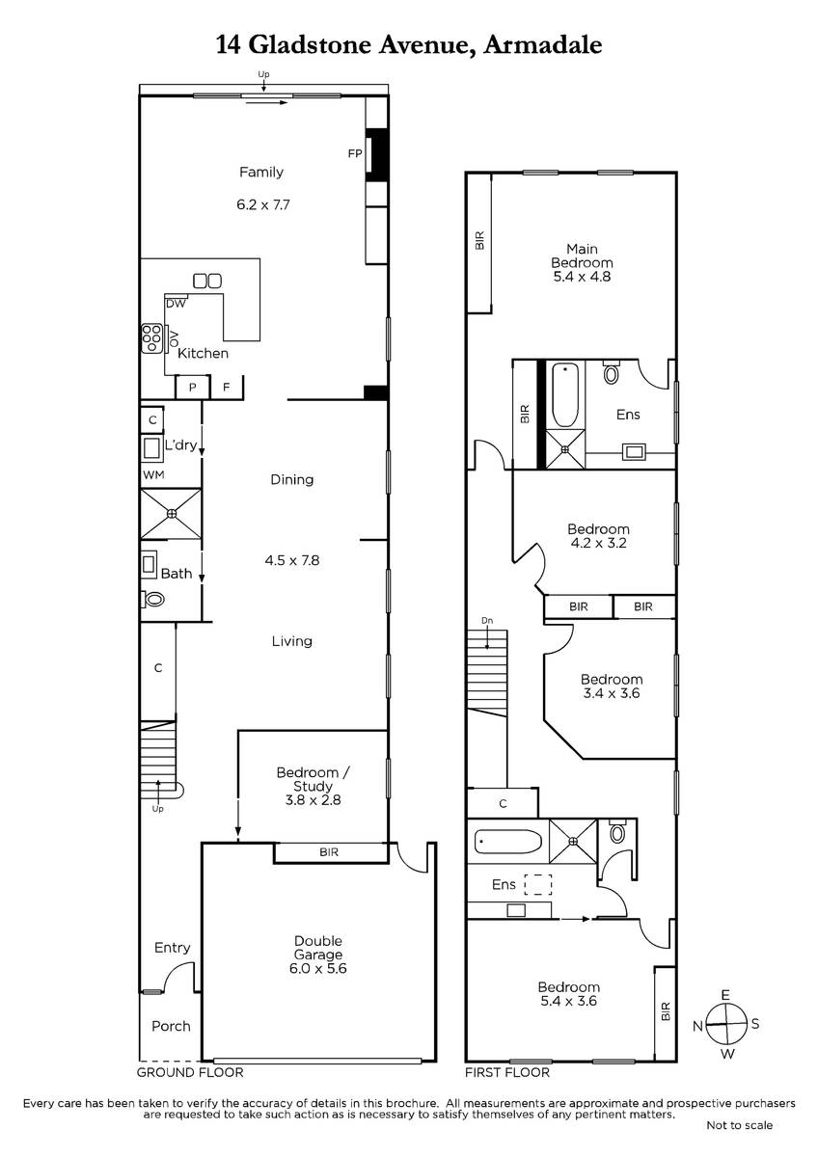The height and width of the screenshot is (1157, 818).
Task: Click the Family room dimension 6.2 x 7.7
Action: pyautogui.click(x=263, y=204)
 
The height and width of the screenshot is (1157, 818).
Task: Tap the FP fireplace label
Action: pyautogui.click(x=355, y=153)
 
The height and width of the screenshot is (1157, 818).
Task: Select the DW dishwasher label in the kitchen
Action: pyautogui.click(x=176, y=304)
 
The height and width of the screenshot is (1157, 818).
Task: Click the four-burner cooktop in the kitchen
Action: pyautogui.click(x=151, y=338)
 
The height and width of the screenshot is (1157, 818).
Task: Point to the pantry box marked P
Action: pyautogui.click(x=192, y=388)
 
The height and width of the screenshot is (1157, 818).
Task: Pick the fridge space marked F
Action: pyautogui.click(x=227, y=387)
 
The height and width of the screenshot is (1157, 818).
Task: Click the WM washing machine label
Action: pyautogui.click(x=153, y=474)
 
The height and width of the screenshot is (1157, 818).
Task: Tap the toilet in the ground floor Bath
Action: pyautogui.click(x=152, y=599)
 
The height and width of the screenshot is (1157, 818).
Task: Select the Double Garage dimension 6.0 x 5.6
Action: pyautogui.click(x=317, y=968)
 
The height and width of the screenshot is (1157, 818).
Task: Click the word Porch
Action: pyautogui.click(x=171, y=1026)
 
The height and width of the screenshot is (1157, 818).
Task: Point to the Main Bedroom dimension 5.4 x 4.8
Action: pyautogui.click(x=582, y=277)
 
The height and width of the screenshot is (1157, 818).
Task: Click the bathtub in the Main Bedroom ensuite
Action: pyautogui.click(x=566, y=395)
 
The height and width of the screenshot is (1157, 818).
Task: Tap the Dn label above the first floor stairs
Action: pyautogui.click(x=487, y=620)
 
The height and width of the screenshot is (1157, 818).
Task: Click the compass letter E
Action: pyautogui.click(x=725, y=995)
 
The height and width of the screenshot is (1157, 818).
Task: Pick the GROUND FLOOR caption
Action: pyautogui.click(x=190, y=1072)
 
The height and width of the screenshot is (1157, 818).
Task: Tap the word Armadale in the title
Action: pyautogui.click(x=542, y=45)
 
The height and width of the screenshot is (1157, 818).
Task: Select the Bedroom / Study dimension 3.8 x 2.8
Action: pyautogui.click(x=313, y=800)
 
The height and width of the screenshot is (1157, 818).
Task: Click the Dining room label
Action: pyautogui.click(x=292, y=480)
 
